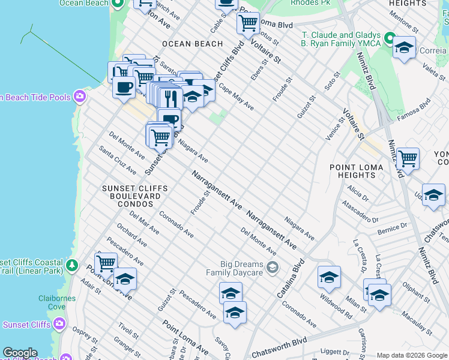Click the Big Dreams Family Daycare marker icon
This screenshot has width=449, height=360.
tap(273, 267)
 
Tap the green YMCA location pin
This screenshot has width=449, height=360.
tap(389, 40)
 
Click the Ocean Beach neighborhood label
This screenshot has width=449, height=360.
tap(192, 44)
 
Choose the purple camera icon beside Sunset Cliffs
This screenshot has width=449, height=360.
tap(59, 325)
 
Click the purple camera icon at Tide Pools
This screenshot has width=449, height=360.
tap(79, 97)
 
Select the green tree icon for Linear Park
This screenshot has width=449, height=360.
tap(72, 265)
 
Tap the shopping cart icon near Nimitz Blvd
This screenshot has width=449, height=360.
tap(408, 159)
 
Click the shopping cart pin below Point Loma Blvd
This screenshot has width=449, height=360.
tap(248, 23)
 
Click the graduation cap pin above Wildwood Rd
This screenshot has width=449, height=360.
tap(329, 277)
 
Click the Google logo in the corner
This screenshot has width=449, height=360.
tap(19, 353)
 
